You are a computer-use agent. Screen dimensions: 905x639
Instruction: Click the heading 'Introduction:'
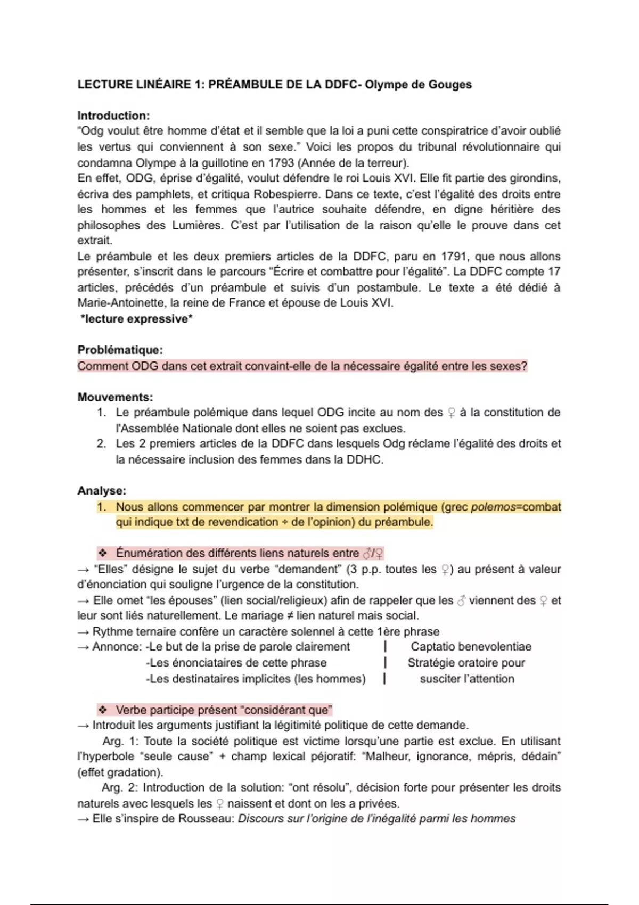[113, 116]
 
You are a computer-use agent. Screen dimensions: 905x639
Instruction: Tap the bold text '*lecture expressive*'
[136, 319]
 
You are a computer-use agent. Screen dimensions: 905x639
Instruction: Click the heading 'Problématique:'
[120, 350]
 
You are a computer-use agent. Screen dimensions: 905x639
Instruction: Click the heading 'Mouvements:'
[115, 397]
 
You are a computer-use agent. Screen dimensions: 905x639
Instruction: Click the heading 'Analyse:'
[102, 491]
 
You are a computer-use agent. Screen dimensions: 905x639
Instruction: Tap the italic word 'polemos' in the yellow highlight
[493, 507]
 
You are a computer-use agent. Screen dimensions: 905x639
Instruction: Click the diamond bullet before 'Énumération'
[103, 553]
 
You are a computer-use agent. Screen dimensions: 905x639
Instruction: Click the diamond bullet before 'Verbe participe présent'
[103, 710]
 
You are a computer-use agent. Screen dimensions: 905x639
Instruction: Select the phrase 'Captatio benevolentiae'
[471, 647]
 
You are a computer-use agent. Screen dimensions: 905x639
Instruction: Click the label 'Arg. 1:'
[120, 741]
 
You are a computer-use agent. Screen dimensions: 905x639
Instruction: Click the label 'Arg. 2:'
[120, 787]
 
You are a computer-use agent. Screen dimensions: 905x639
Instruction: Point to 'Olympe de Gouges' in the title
[418, 85]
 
